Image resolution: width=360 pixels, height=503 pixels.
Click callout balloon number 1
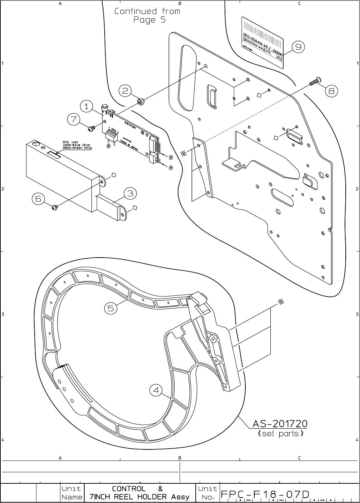(x=86, y=106)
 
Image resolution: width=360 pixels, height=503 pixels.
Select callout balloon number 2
(x=125, y=91)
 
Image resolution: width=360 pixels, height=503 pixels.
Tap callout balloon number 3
(x=130, y=193)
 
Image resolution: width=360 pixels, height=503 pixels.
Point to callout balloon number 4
(x=156, y=390)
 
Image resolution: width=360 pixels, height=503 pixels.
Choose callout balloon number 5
(x=111, y=308)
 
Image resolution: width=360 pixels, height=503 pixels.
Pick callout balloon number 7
(x=74, y=119)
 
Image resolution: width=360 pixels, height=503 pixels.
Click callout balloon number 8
(x=331, y=91)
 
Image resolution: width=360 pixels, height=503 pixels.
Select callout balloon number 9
(x=298, y=46)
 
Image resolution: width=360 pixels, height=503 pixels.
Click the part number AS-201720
(x=280, y=424)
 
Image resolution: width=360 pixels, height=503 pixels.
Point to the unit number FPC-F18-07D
(x=265, y=494)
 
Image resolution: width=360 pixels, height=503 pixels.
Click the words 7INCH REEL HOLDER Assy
(x=139, y=497)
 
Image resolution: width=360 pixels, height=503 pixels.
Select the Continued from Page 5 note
(x=147, y=15)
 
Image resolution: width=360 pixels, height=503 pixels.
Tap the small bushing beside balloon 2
(x=141, y=102)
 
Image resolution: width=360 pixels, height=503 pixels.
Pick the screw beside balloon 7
(x=92, y=127)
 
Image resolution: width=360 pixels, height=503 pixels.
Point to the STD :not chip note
(x=77, y=145)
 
